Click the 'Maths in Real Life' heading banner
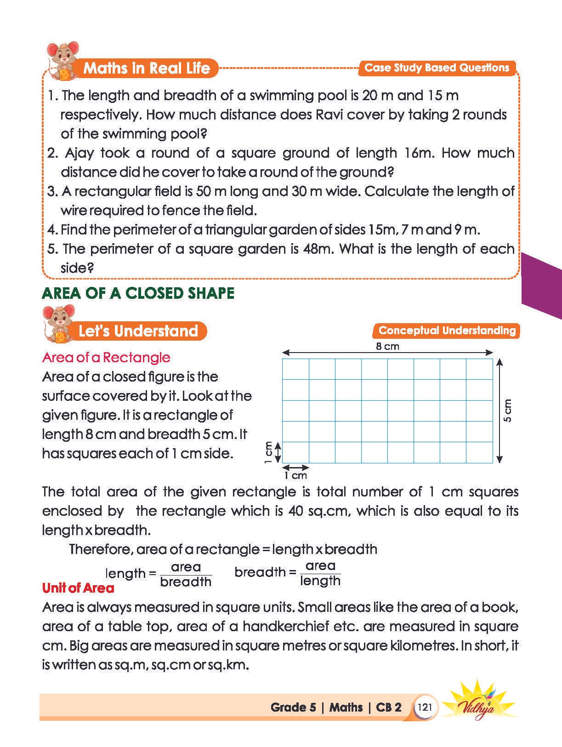(146, 68)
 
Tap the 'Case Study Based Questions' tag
(437, 68)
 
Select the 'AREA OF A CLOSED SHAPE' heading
(138, 293)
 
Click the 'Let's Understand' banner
(138, 331)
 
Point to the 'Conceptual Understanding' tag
(447, 331)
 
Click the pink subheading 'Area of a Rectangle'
(106, 358)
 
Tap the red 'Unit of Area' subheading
(78, 588)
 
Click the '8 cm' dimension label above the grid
(387, 346)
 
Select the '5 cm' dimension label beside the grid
(507, 411)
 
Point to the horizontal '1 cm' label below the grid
(295, 475)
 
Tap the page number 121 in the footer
(425, 707)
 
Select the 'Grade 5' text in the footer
(293, 707)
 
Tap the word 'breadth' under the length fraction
(186, 582)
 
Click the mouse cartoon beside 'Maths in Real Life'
(62, 60)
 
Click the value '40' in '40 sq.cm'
(296, 511)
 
